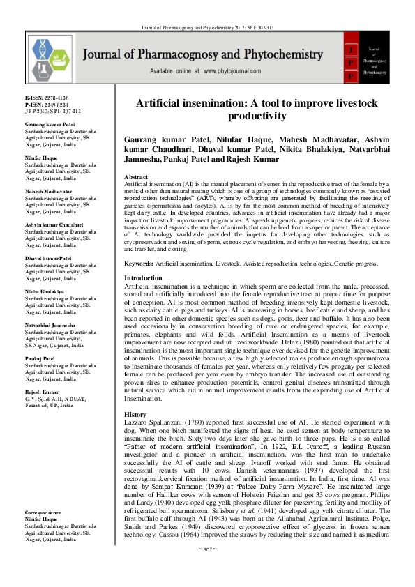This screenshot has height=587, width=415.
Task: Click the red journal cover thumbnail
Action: point(363,56)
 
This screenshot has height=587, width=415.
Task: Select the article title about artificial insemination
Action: point(257,109)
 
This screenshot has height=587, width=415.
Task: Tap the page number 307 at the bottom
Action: point(208,571)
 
